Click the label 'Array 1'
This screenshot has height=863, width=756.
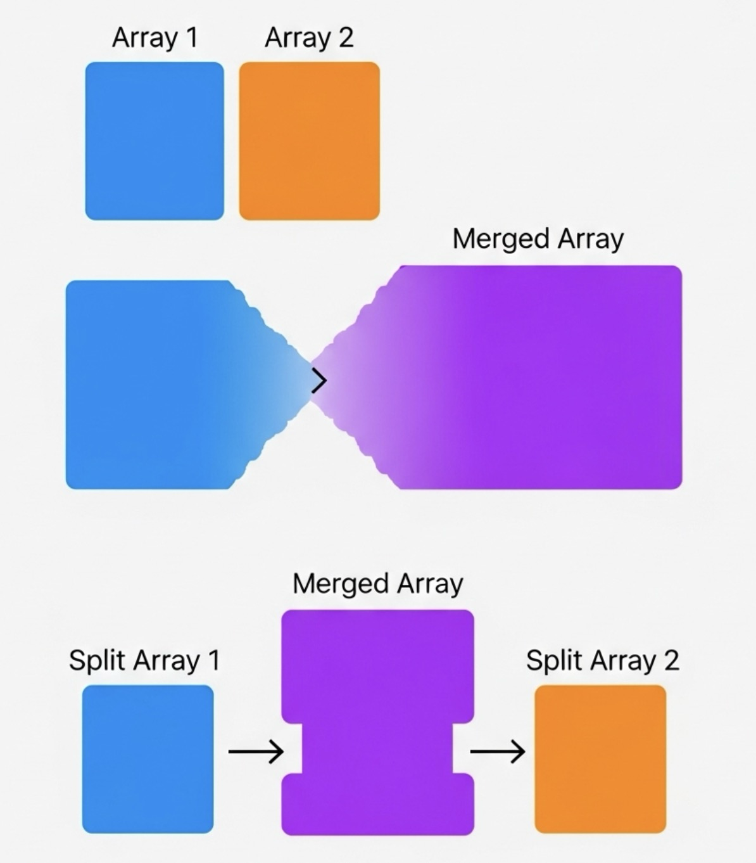coord(154,37)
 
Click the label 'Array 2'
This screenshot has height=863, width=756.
coord(309,37)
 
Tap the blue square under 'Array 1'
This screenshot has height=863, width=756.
coord(154,141)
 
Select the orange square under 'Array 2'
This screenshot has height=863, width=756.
coord(309,141)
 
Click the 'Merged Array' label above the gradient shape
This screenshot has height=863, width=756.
coord(538,239)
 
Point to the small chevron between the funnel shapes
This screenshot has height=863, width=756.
coord(319,381)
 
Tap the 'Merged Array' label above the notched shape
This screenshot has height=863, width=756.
coord(377,584)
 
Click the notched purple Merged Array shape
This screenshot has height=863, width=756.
coord(377,722)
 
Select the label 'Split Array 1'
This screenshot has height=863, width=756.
coord(144,660)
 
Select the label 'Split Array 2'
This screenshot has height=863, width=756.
coord(602,660)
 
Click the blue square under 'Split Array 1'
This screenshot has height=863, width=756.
coord(148,758)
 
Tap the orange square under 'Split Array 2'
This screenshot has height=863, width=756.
coord(600,758)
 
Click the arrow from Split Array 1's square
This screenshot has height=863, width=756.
coord(256,751)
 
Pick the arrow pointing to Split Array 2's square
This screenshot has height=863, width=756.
coord(498,751)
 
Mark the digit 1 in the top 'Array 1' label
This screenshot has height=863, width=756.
coord(191,37)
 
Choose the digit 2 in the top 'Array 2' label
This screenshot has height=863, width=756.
coord(346,37)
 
